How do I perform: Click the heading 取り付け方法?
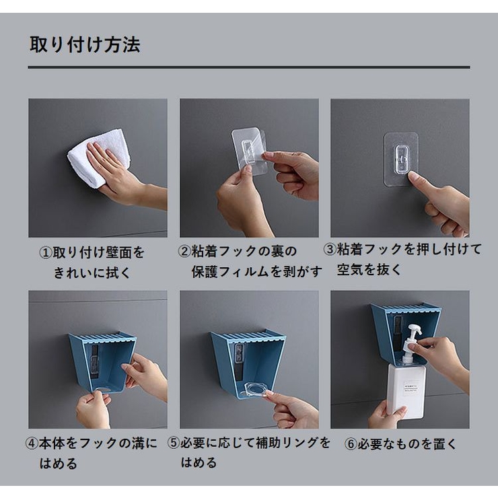(x=85, y=44)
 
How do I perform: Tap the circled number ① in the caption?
(x=45, y=253)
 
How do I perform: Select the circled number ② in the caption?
(x=184, y=252)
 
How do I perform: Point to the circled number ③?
(x=330, y=249)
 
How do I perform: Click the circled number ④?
(x=32, y=443)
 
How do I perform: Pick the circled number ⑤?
(x=174, y=443)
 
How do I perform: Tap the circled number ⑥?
(x=351, y=444)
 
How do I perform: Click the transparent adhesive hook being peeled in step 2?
(x=249, y=151)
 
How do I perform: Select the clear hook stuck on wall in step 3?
(x=400, y=159)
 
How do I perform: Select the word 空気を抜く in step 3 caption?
(x=369, y=270)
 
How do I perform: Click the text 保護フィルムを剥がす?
(x=256, y=272)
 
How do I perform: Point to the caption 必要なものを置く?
(x=407, y=444)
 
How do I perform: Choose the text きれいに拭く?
(x=92, y=273)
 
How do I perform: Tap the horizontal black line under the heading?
(x=249, y=67)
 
